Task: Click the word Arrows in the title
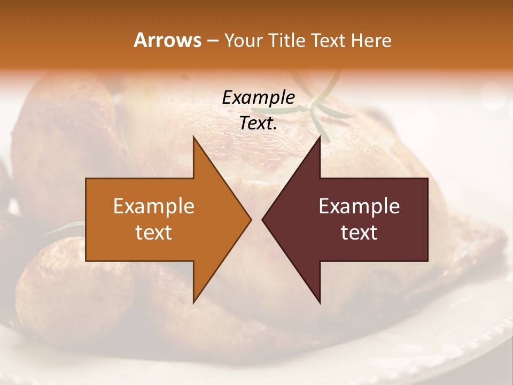click(x=167, y=40)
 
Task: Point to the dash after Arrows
click(x=212, y=41)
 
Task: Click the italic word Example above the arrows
click(x=258, y=97)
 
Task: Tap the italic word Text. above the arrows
click(x=258, y=123)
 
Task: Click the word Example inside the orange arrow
click(x=153, y=206)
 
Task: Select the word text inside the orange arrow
click(x=153, y=233)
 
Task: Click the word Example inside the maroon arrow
click(x=359, y=206)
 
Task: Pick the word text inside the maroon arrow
click(x=359, y=233)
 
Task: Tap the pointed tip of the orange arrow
click(x=250, y=219)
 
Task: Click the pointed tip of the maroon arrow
click(x=263, y=219)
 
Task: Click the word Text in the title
click(x=328, y=40)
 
